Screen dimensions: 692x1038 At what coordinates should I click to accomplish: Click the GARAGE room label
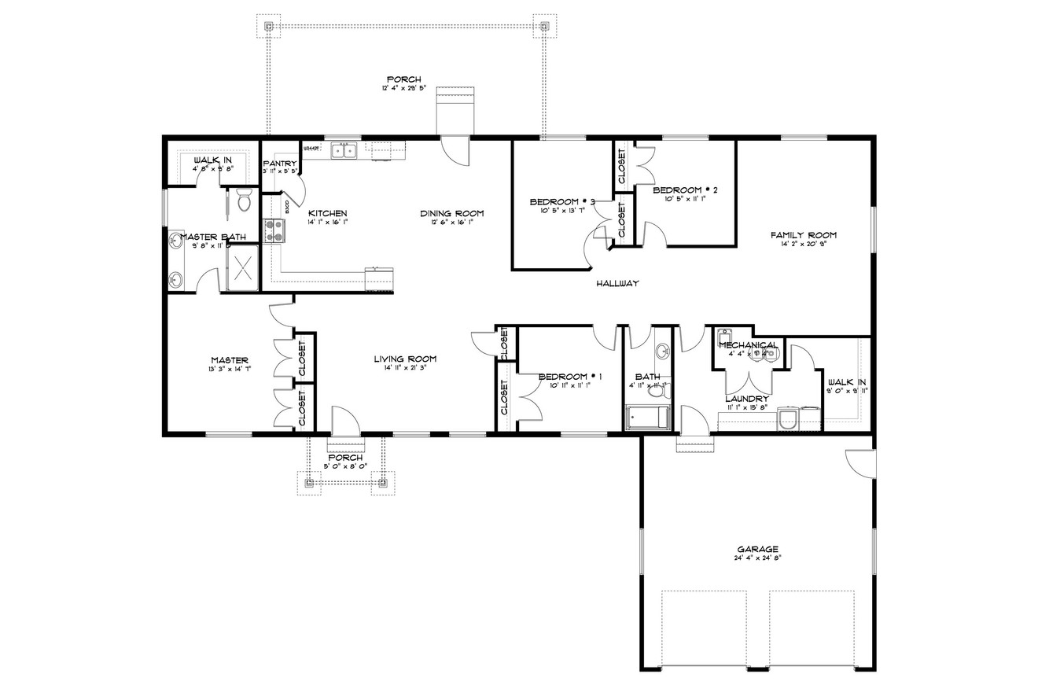tap(757, 549)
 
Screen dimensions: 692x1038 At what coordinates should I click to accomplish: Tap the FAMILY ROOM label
tap(803, 235)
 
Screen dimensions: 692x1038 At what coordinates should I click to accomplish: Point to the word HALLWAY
tap(617, 284)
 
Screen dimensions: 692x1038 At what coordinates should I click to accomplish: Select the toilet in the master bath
tap(244, 201)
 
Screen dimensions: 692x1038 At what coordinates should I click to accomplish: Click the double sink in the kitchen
tap(344, 150)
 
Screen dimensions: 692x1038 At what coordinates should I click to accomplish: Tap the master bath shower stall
tap(243, 267)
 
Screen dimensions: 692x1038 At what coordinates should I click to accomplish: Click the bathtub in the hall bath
tap(647, 418)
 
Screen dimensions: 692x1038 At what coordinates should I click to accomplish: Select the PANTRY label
tap(280, 164)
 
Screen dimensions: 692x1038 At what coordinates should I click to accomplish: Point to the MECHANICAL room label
tap(747, 345)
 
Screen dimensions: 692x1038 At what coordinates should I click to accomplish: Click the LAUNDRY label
tap(746, 399)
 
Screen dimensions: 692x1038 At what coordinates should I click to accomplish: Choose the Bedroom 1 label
tap(570, 377)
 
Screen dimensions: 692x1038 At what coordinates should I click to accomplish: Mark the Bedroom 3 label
tap(561, 201)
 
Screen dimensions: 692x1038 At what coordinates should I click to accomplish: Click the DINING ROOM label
tap(451, 213)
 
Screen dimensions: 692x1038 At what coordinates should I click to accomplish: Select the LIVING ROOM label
tap(405, 359)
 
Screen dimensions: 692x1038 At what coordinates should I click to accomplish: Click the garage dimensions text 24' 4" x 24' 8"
tap(757, 558)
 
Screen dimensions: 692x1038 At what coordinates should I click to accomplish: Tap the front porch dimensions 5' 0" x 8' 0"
tap(345, 466)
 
